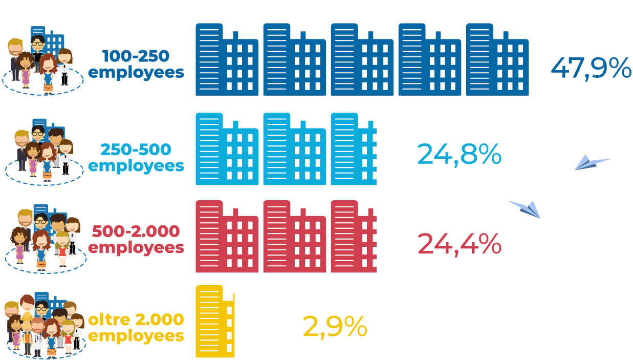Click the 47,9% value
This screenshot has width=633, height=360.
tap(591, 69)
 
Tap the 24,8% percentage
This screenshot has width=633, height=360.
tap(459, 154)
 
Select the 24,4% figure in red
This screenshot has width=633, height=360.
tap(459, 244)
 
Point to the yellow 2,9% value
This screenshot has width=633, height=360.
tap(335, 326)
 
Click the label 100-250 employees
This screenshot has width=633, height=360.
tap(136, 64)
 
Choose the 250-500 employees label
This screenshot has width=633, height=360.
tap(136, 158)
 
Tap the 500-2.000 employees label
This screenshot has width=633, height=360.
tap(136, 239)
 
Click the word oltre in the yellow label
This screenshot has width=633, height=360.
tap(109, 320)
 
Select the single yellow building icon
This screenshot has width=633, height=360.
tap(215, 322)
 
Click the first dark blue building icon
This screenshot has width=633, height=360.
tap(227, 60)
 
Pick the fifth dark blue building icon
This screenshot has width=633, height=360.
tap(497, 60)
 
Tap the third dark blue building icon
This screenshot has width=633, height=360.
tap(362, 60)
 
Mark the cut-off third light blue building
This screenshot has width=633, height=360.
tap(354, 149)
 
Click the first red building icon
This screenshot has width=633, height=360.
tap(227, 237)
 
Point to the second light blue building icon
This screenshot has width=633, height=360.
tap(294, 149)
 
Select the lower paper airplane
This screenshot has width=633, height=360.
tap(525, 209)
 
